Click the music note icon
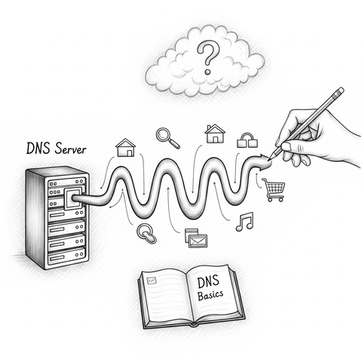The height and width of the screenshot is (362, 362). [244, 221]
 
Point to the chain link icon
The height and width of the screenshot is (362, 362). [146, 233]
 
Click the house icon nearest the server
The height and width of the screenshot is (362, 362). [125, 147]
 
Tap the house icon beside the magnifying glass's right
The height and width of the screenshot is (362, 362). [215, 133]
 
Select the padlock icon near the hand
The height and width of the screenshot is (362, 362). [247, 140]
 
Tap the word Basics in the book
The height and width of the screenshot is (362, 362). [212, 296]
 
